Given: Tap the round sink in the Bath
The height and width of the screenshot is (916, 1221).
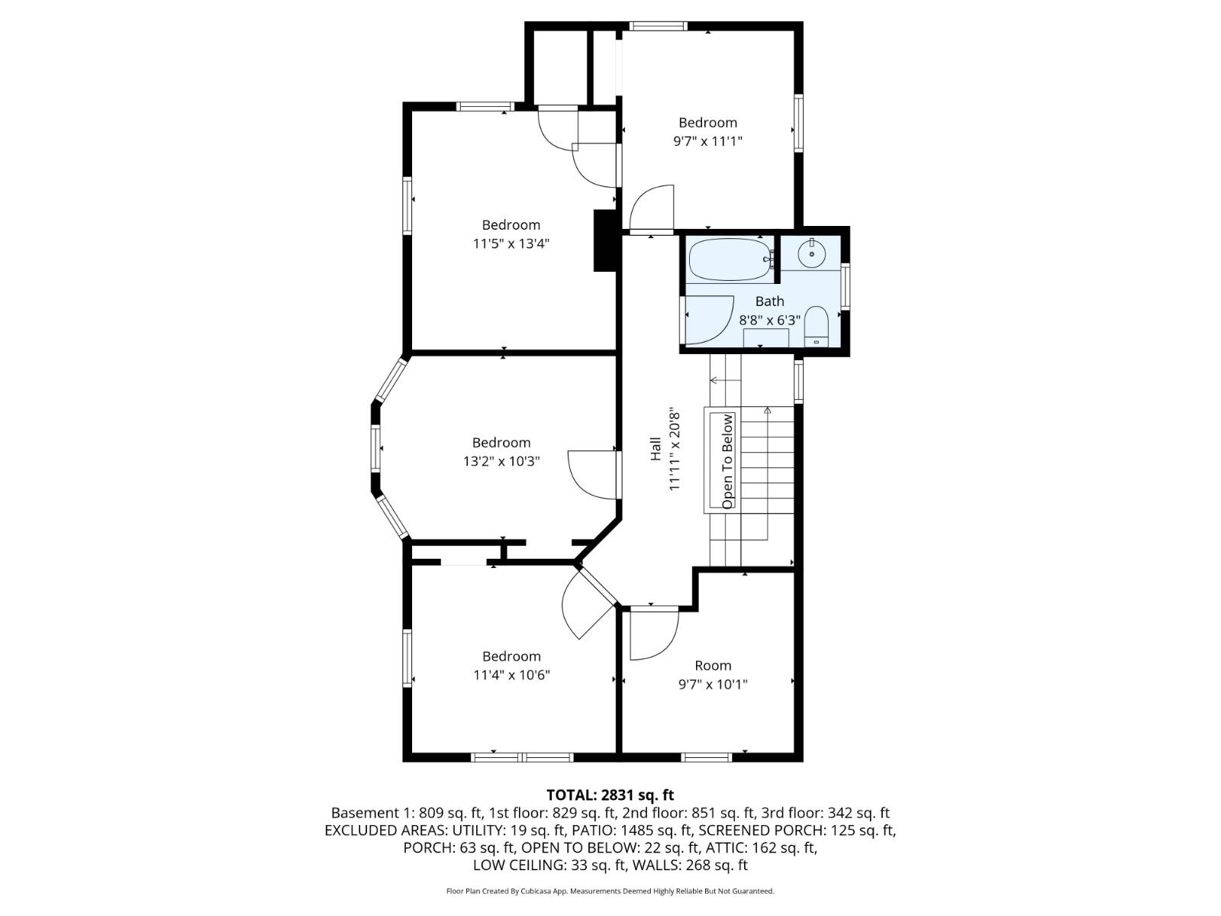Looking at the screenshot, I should (x=812, y=252).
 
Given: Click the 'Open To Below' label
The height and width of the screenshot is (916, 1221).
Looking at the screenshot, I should (x=727, y=461).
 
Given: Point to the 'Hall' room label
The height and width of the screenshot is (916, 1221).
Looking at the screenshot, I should (x=656, y=449).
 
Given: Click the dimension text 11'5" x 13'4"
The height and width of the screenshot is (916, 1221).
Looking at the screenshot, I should (x=511, y=244).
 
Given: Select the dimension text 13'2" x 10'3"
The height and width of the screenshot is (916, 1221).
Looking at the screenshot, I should (x=501, y=462).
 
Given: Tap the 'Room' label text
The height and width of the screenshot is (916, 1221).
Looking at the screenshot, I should (x=713, y=666).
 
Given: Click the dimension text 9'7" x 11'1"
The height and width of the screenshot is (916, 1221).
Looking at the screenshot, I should (x=707, y=141).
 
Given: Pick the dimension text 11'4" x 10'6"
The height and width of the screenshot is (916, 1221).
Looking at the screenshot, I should (x=511, y=676).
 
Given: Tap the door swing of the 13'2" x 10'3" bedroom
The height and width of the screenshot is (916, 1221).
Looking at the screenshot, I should (x=591, y=473).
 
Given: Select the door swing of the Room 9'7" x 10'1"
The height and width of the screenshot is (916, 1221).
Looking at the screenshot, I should (x=652, y=634).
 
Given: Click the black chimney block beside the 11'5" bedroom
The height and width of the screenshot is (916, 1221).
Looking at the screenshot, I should (x=604, y=240).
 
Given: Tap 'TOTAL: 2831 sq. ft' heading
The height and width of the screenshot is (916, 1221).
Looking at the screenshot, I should (x=610, y=795).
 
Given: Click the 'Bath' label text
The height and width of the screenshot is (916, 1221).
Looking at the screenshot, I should (x=769, y=302).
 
